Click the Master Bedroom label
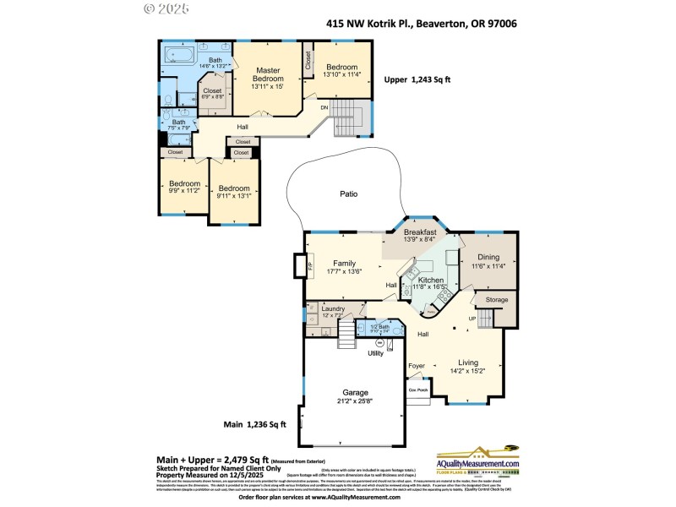pos(268,74)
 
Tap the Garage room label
pos(356,393)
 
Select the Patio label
pos(348,194)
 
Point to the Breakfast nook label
pos(420,232)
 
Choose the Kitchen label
pos(431,280)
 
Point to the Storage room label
pos(497,299)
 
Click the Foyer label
pos(417,366)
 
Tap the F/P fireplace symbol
pos(299,265)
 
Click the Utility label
pos(375,353)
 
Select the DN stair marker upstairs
pos(323,107)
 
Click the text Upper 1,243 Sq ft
pos(417,79)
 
